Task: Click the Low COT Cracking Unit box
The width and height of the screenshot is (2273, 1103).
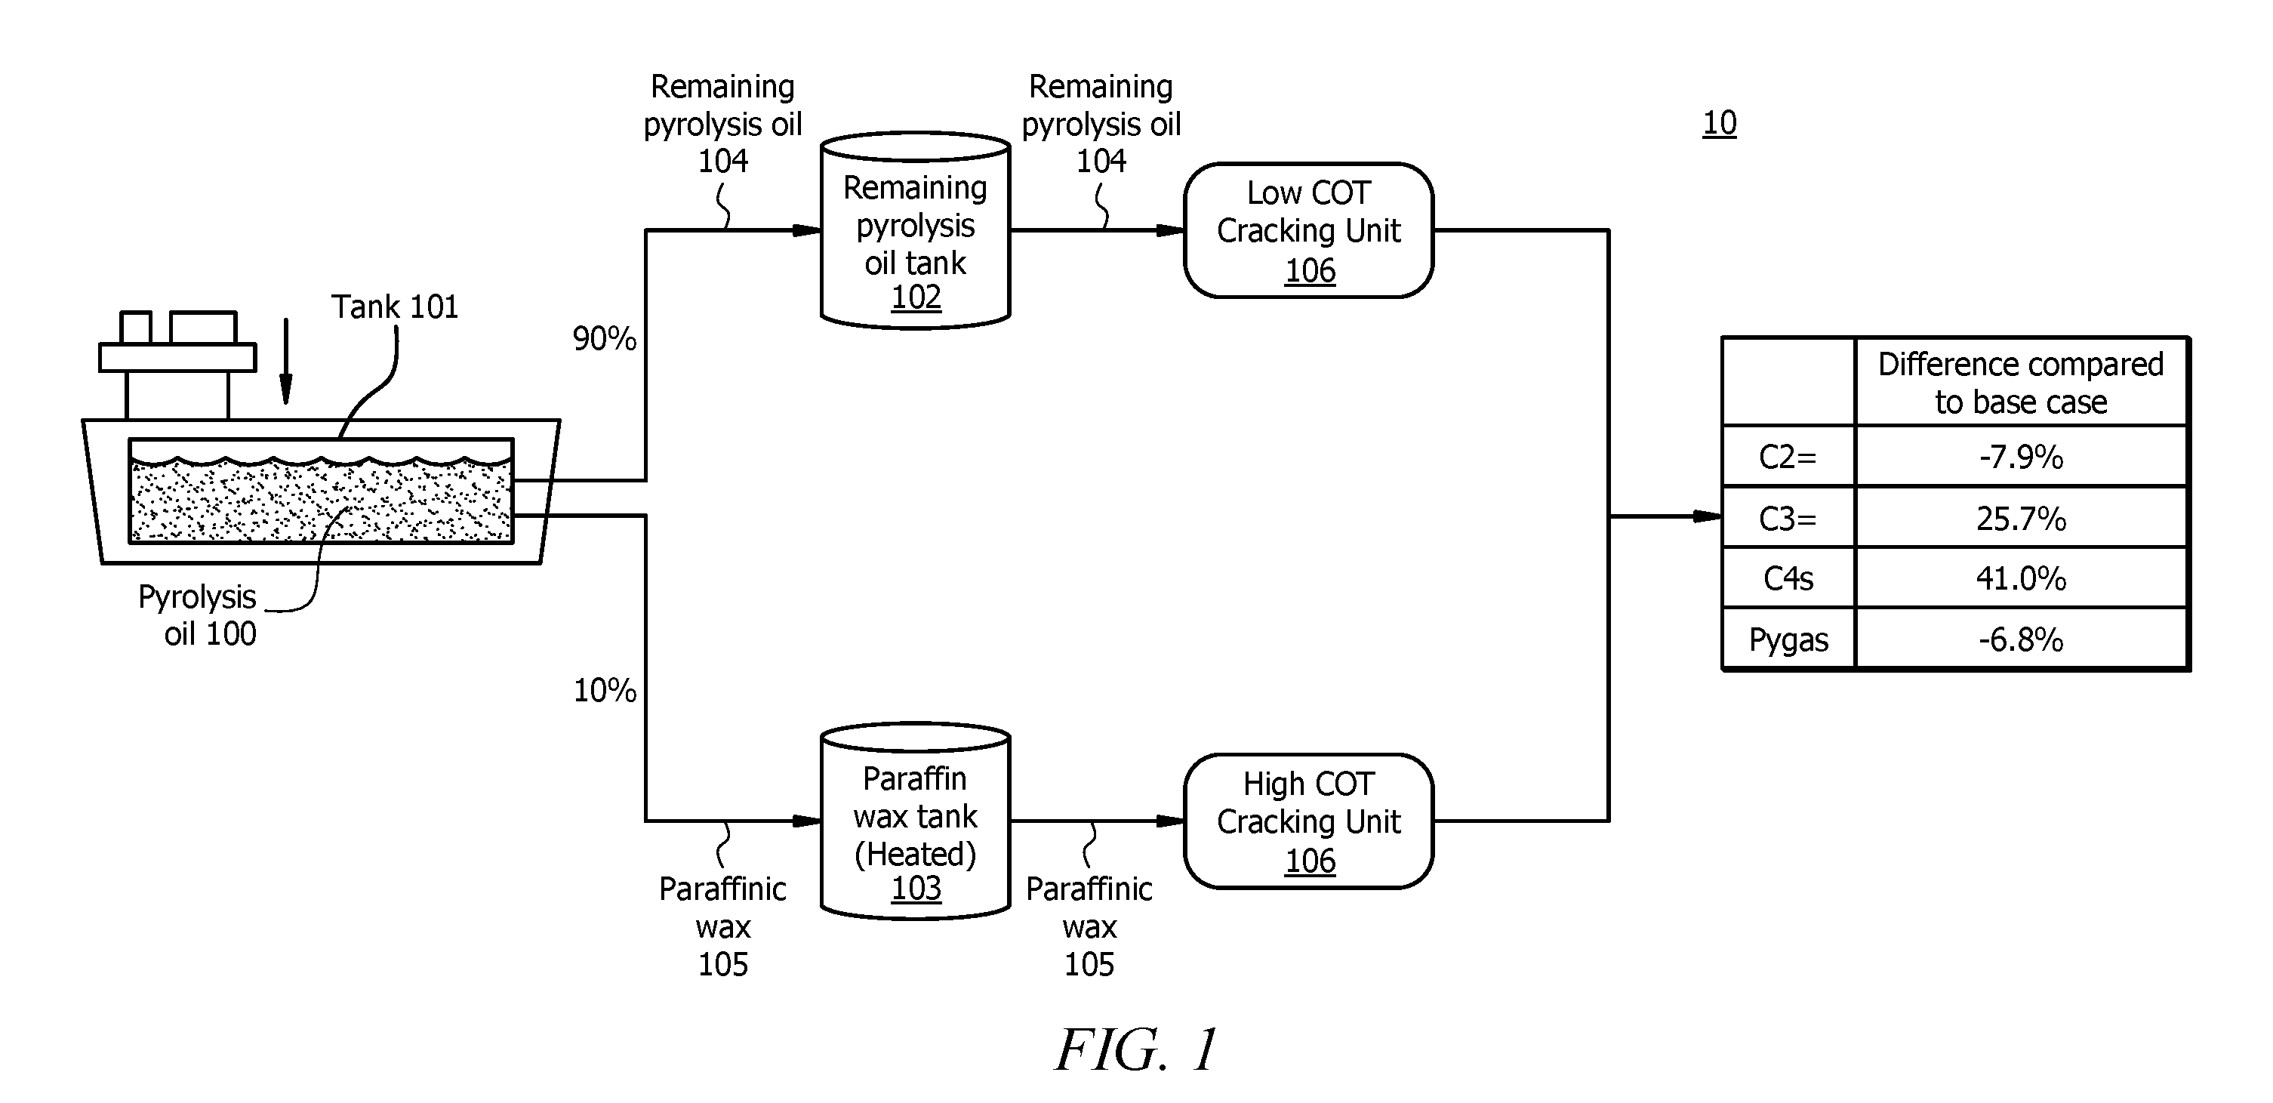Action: click(1308, 230)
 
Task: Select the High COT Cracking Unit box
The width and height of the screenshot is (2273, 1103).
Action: click(1308, 821)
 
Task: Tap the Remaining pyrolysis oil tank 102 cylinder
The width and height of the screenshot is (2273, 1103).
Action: click(915, 231)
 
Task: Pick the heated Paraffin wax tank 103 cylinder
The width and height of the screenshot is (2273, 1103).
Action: click(915, 821)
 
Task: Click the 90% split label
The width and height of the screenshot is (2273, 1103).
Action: click(605, 339)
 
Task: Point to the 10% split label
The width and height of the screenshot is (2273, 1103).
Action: click(605, 690)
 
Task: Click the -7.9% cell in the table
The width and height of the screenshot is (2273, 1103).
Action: click(2021, 456)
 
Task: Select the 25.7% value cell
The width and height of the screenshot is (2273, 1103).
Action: click(2021, 518)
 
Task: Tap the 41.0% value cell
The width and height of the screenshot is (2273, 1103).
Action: click(2021, 578)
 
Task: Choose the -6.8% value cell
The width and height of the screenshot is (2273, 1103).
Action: click(2021, 639)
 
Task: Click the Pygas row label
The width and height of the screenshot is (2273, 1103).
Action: click(1788, 639)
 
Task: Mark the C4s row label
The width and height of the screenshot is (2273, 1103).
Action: click(1788, 579)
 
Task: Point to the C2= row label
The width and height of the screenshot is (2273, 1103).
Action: click(1788, 457)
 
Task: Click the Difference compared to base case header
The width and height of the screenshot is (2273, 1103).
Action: click(2021, 383)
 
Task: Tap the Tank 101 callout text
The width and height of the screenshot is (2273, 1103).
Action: click(394, 307)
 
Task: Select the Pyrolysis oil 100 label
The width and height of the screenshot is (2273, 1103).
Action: click(198, 615)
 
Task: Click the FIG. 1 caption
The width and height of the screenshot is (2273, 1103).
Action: click(1137, 1049)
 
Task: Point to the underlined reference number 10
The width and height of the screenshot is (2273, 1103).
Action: click(1719, 122)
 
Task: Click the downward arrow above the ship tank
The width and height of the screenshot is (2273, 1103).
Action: click(285, 361)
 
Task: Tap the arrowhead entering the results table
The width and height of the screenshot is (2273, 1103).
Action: click(1707, 516)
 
